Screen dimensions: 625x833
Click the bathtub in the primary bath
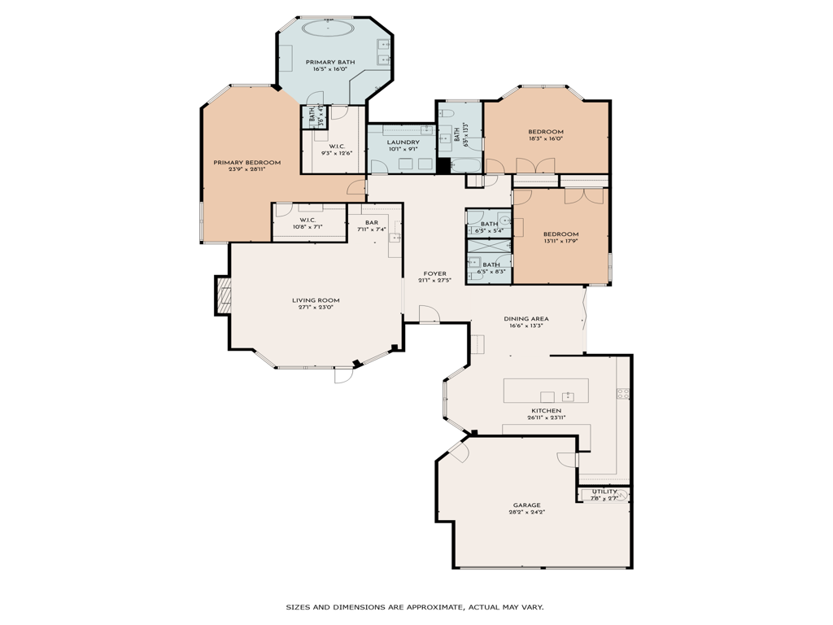tap(329, 28)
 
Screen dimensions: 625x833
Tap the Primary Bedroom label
tap(246, 163)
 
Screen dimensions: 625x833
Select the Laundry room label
tap(403, 142)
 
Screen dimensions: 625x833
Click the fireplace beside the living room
tap(222, 295)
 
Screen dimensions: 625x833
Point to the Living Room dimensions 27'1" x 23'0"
tap(316, 308)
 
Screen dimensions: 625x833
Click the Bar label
tap(372, 222)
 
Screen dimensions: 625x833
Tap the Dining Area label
tap(526, 318)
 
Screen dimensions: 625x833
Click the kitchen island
tap(546, 391)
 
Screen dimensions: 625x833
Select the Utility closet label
tap(604, 492)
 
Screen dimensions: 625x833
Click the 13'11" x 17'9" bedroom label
tap(560, 234)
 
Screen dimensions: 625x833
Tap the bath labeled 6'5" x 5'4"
tap(489, 224)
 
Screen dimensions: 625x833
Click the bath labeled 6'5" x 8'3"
tap(491, 264)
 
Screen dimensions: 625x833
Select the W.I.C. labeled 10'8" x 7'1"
tap(307, 220)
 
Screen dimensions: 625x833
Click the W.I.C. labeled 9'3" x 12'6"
tap(337, 146)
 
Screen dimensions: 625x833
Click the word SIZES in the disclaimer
tap(299, 607)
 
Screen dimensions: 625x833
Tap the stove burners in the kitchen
tap(623, 394)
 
